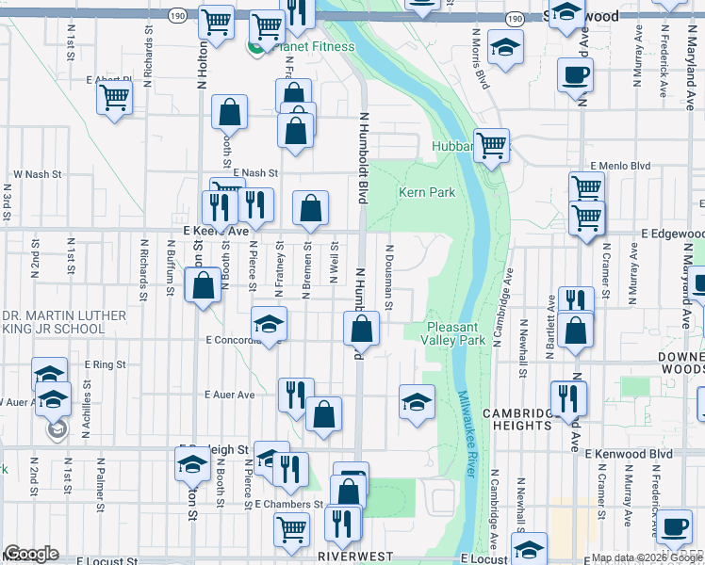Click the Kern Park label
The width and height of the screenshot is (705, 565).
pyautogui.click(x=427, y=192)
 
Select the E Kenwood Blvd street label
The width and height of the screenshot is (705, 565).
pyautogui.click(x=628, y=453)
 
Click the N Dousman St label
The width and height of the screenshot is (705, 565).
pyautogui.click(x=388, y=276)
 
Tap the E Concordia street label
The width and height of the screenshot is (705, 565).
pyautogui.click(x=217, y=340)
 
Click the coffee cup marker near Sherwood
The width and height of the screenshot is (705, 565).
pyautogui.click(x=575, y=74)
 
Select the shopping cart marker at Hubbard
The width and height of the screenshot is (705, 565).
pyautogui.click(x=491, y=145)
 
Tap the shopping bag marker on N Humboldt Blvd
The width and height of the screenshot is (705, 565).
pyautogui.click(x=361, y=330)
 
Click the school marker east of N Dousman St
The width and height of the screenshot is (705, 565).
pyautogui.click(x=417, y=401)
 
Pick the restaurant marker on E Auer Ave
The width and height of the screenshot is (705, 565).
pyautogui.click(x=296, y=395)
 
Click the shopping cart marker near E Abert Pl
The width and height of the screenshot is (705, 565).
pyautogui.click(x=114, y=96)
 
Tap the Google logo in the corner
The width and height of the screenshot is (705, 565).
pyautogui.click(x=31, y=554)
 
